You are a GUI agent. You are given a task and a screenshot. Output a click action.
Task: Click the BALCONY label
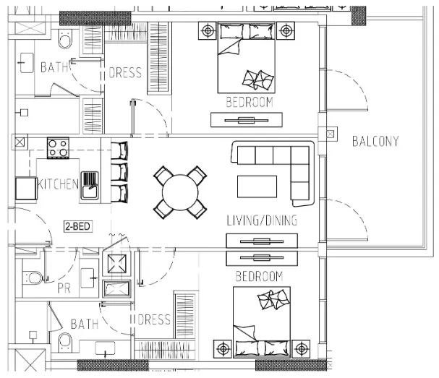[x=375, y=141]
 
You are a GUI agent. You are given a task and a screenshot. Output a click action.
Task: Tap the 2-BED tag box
[x=78, y=226]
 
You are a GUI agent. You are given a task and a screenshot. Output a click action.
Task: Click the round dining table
[x=180, y=192]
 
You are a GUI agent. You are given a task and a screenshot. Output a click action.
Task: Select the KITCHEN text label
[x=58, y=184]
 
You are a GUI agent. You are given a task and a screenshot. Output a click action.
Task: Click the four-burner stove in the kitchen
[x=59, y=148]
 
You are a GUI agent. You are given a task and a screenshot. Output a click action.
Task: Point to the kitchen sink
[x=90, y=185]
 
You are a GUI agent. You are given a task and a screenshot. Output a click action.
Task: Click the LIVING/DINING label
[x=262, y=220]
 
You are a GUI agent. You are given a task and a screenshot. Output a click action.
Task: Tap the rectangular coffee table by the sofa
[x=257, y=186]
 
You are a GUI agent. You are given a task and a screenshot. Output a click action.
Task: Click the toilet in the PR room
[x=34, y=278]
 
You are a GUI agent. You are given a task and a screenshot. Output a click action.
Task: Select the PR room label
[x=64, y=288]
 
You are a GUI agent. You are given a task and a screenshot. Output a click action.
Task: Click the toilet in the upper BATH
[x=65, y=39]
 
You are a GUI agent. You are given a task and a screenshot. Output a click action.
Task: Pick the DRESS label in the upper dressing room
[x=125, y=73]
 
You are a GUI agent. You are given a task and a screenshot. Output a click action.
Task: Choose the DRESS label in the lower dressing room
[x=154, y=319]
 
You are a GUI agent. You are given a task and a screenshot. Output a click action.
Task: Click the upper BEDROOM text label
[x=250, y=102]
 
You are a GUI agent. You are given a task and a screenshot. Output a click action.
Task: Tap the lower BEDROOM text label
[x=259, y=276]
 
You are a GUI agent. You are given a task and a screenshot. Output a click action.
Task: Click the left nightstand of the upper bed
[x=208, y=30]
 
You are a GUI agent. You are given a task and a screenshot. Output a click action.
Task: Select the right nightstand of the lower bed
[x=301, y=349]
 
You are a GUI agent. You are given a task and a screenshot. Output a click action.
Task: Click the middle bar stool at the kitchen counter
[x=119, y=172]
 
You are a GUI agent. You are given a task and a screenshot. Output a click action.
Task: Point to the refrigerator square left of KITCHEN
[x=26, y=188]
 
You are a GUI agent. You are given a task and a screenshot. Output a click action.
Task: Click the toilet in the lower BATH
[x=65, y=343]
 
